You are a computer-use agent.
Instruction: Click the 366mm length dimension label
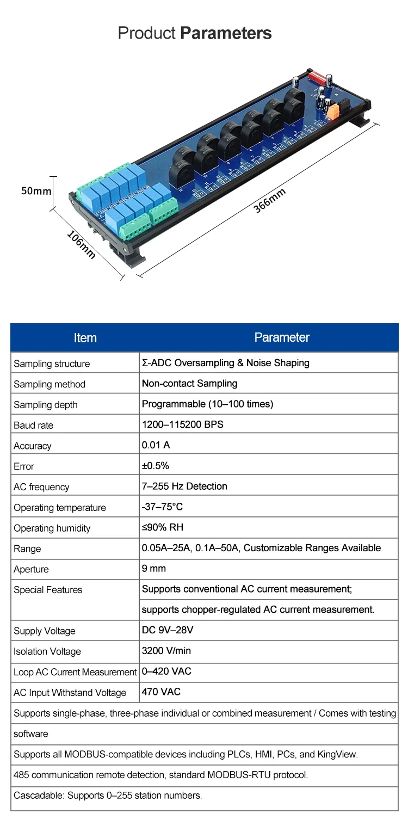pyautogui.click(x=269, y=202)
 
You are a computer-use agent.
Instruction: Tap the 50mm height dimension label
pyautogui.click(x=36, y=191)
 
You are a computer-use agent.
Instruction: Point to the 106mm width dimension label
pyautogui.click(x=81, y=244)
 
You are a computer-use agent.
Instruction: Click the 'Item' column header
pyautogui.click(x=85, y=338)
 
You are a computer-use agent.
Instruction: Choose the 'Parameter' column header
pyautogui.click(x=282, y=337)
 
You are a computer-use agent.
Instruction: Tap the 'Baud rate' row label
pyautogui.click(x=34, y=425)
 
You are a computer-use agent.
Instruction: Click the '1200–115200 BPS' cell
pyautogui.click(x=182, y=424)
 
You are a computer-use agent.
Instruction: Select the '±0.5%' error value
pyautogui.click(x=156, y=466)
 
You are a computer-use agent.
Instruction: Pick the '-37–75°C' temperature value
pyautogui.click(x=162, y=507)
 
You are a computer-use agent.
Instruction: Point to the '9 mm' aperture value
pyautogui.click(x=154, y=569)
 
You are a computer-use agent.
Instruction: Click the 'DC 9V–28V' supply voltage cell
pyautogui.click(x=168, y=630)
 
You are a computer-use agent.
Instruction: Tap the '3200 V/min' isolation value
pyautogui.click(x=166, y=651)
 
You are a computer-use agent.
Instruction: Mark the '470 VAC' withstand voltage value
pyautogui.click(x=161, y=692)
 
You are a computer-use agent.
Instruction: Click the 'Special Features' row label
pyautogui.click(x=48, y=590)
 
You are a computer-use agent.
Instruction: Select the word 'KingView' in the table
pyautogui.click(x=338, y=754)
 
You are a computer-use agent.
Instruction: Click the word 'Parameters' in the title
pyautogui.click(x=226, y=33)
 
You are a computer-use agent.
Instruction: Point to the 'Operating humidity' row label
pyautogui.click(x=52, y=528)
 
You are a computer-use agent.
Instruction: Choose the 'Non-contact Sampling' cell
pyautogui.click(x=189, y=384)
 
